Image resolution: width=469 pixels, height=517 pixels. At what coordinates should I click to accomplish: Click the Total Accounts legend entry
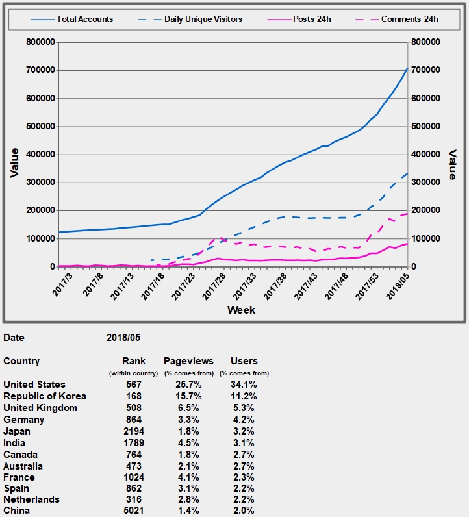(x=84, y=19)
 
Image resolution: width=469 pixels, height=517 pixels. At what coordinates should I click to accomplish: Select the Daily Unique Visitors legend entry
(x=203, y=19)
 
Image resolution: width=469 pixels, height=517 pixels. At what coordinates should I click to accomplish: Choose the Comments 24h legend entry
(x=409, y=19)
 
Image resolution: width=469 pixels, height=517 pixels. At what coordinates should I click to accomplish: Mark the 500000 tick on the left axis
(x=40, y=126)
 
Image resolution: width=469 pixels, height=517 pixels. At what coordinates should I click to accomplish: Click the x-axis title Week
(x=241, y=310)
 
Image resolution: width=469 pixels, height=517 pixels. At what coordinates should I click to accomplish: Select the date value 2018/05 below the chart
(x=123, y=338)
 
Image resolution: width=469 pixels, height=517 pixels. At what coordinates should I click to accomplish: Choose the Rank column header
(x=134, y=361)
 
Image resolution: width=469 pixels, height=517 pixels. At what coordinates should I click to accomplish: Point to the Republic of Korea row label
(x=45, y=396)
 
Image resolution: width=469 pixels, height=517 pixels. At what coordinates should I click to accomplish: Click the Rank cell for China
(x=134, y=511)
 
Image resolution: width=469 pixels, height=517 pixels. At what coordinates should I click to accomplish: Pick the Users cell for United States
(x=244, y=385)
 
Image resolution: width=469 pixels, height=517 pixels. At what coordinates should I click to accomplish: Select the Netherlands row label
(x=31, y=499)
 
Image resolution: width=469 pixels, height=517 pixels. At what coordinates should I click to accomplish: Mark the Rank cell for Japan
(x=134, y=431)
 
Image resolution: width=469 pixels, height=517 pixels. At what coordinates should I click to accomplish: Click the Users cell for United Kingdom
(x=244, y=408)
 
